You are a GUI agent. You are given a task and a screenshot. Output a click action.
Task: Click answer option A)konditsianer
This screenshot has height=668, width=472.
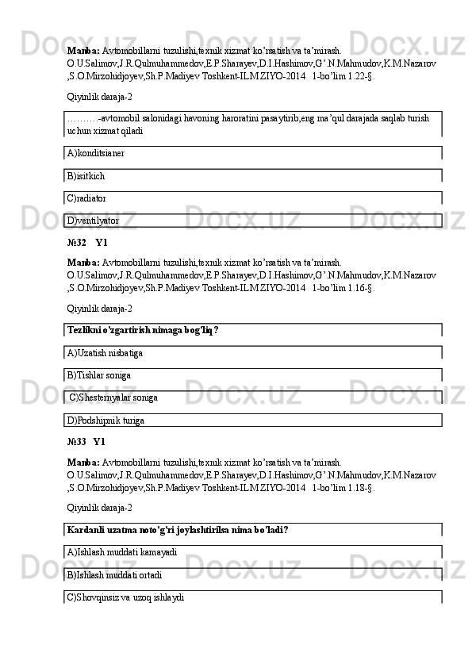click(x=96, y=153)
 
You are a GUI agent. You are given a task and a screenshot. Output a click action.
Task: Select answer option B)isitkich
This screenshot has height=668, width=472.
click(x=86, y=175)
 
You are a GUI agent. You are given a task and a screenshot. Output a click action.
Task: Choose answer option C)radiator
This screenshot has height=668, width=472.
click(x=87, y=198)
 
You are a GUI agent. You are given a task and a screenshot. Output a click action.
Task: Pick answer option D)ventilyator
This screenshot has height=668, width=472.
click(x=94, y=220)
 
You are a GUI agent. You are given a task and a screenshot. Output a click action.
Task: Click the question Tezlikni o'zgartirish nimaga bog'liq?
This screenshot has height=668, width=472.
click(x=143, y=330)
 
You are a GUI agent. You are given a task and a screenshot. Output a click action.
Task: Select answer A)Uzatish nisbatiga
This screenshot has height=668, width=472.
click(x=106, y=352)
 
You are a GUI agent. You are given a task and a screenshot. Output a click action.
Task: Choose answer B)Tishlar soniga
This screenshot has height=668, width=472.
click(x=99, y=374)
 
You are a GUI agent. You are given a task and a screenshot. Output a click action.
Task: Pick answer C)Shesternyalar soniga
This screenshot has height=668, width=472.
click(x=113, y=396)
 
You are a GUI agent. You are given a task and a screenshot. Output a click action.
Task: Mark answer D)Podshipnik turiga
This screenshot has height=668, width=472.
click(x=106, y=418)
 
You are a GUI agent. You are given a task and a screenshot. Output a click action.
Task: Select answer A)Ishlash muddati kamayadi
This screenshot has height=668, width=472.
click(x=122, y=551)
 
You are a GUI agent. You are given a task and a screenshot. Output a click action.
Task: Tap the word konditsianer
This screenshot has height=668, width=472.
click(x=101, y=153)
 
